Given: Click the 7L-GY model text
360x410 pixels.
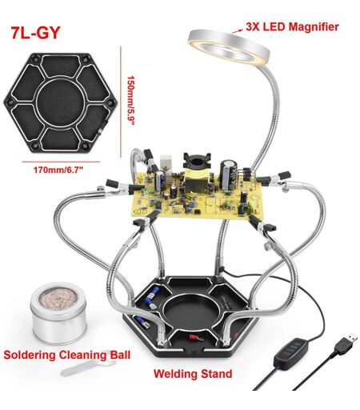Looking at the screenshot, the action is (35, 33).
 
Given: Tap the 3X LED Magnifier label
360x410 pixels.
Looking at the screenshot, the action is (292, 27).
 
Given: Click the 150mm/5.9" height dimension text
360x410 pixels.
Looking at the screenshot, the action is (130, 101).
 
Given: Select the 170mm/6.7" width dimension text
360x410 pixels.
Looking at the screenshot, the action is (58, 170).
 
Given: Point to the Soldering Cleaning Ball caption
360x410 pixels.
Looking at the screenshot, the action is (67, 355).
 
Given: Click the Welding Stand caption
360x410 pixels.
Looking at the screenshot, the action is (193, 374).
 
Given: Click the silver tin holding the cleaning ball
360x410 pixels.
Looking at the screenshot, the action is (58, 314).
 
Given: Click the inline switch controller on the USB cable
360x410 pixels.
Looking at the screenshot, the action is (291, 353).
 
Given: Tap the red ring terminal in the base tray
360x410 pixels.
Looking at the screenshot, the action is (196, 338).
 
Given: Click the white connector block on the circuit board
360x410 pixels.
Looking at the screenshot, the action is (166, 163).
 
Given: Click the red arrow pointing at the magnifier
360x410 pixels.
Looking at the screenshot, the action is (237, 30).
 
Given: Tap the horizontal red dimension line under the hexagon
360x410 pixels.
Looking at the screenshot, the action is (61, 162).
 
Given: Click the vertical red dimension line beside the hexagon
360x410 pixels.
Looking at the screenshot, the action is (121, 102).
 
